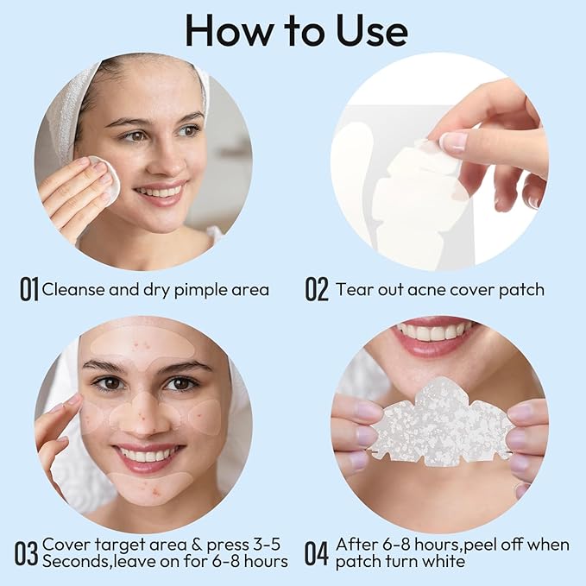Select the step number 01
pos(29,289)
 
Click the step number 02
pos(317,289)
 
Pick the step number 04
pos(317,552)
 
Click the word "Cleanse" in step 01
pos(73,289)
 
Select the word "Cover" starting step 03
pos(65,544)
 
